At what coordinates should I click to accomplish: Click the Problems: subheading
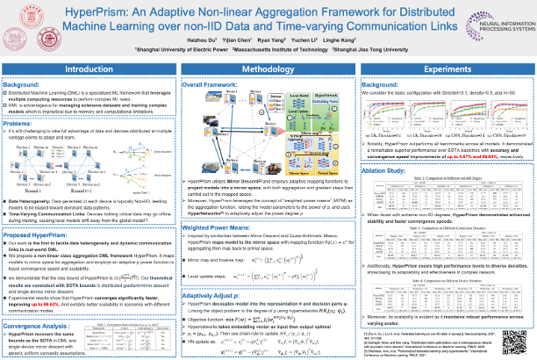click(x=22, y=126)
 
